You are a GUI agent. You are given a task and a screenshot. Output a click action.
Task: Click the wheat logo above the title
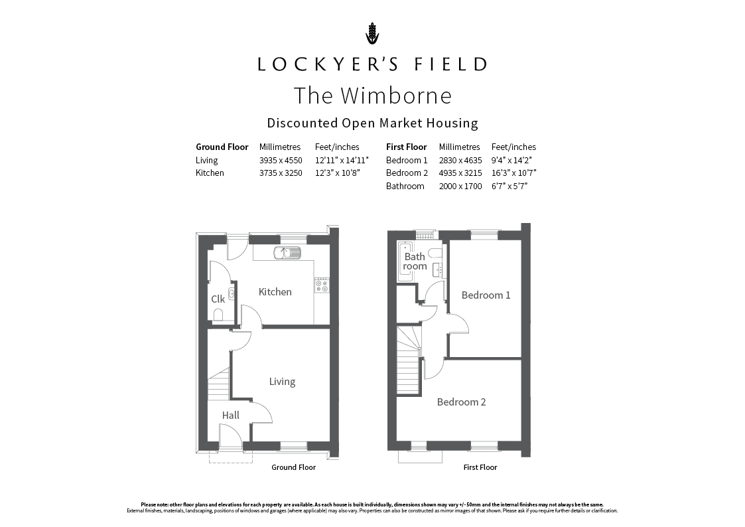pos(373,33)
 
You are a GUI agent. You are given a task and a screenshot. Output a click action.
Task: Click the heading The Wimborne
pos(373,95)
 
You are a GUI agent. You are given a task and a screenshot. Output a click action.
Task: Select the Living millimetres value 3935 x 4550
pos(281,160)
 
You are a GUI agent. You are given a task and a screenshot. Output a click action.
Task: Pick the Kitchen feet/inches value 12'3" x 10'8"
pos(338,173)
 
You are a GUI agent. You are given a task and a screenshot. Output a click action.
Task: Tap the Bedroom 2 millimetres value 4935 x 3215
pos(460,173)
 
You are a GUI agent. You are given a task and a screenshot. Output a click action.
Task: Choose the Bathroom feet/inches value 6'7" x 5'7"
pos(509,187)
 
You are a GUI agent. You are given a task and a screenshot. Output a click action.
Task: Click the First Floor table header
pos(406,147)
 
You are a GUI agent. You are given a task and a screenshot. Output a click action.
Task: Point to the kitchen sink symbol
pos(287,253)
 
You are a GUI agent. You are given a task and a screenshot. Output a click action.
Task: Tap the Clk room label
pos(218,299)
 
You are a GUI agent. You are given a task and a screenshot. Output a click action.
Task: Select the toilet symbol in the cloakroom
pos(218,315)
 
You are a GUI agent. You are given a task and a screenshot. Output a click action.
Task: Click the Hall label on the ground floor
pos(230,415)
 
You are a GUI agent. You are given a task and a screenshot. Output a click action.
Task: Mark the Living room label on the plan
pos(282,382)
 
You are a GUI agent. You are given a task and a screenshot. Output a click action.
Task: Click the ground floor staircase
pos(218,384)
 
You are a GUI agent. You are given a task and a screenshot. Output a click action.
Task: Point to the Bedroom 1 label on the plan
pos(486,295)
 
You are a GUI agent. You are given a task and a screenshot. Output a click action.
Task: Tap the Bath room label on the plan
pos(415,262)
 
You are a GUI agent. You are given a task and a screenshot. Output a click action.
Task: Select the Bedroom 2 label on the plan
pos(461,402)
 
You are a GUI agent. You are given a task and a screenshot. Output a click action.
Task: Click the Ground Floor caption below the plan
pos(294,467)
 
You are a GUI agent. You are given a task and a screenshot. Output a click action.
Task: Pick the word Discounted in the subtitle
pos(302,123)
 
